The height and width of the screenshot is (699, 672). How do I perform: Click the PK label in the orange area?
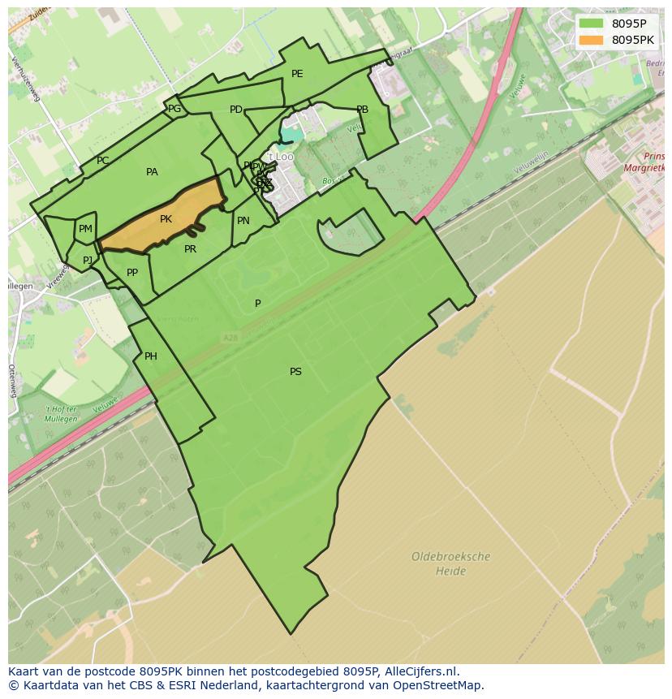coord(166,219)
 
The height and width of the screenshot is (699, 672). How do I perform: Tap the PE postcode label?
coord(297,74)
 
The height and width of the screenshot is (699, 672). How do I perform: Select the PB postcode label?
coord(362,110)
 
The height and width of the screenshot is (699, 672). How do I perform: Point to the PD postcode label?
coord(236,110)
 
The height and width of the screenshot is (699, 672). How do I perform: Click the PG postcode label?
coord(174,108)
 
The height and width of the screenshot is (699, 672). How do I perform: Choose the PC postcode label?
coord(102,161)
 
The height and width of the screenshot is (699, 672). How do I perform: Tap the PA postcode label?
coord(152,172)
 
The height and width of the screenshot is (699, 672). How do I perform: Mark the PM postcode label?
coord(85,229)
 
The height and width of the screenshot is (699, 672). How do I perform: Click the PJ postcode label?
coord(88,261)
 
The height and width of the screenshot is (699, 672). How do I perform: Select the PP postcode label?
coord(132,273)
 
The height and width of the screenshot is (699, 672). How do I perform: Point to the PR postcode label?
coord(190,249)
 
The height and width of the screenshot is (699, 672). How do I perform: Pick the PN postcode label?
coord(243,221)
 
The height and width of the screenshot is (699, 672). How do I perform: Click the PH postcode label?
coord(151,356)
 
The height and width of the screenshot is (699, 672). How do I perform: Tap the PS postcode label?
coord(295,372)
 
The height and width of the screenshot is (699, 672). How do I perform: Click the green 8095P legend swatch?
coord(592,24)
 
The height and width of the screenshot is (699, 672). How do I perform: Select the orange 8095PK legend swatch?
coord(592,40)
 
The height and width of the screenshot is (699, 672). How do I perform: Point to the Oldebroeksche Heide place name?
coord(450,564)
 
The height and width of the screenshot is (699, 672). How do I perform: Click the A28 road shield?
coord(231,337)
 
